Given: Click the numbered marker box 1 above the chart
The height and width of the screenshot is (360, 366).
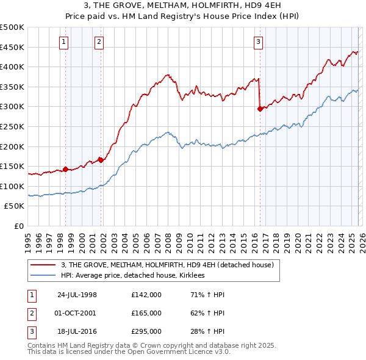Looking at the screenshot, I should pyautogui.click(x=64, y=42).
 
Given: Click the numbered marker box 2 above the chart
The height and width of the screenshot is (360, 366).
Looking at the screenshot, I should pyautogui.click(x=99, y=42).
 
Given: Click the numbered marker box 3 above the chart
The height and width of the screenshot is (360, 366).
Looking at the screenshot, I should pyautogui.click(x=258, y=42).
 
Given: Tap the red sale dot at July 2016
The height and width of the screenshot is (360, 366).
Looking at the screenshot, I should pyautogui.click(x=260, y=109).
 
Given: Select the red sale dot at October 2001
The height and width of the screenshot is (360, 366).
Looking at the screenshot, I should pyautogui.click(x=101, y=160).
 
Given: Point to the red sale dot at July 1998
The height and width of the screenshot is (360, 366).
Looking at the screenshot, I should pyautogui.click(x=66, y=170).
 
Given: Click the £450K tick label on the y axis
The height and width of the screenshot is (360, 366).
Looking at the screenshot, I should pyautogui.click(x=12, y=47).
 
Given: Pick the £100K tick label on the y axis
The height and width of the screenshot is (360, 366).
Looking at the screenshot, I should pyautogui.click(x=12, y=186).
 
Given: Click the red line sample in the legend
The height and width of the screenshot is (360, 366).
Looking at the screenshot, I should pyautogui.click(x=43, y=265).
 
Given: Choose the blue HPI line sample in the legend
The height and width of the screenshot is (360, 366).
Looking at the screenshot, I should pyautogui.click(x=43, y=276).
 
